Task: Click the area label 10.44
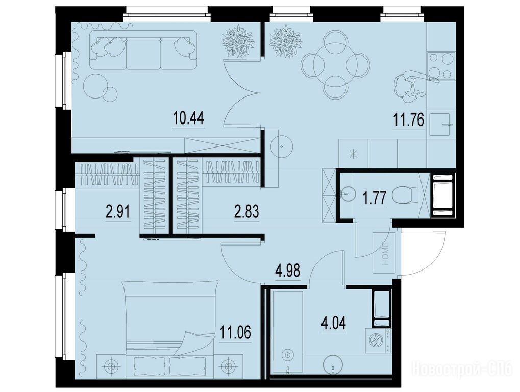(x=188, y=118)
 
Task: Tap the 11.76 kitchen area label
(x=409, y=120)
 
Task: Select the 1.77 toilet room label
(x=375, y=199)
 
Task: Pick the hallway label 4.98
(x=287, y=271)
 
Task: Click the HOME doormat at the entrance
(x=384, y=253)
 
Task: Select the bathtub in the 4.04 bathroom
(x=287, y=332)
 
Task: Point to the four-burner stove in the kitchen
(x=440, y=67)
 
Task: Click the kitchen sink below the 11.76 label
(x=440, y=125)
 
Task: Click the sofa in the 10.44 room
(x=143, y=50)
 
